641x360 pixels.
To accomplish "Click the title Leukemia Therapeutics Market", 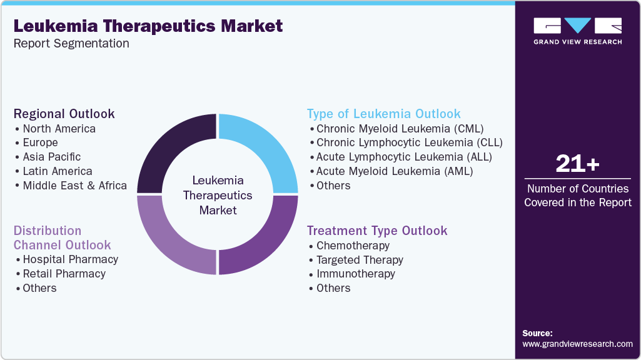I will click(x=148, y=26).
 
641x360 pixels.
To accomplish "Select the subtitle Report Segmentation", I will click(x=71, y=44).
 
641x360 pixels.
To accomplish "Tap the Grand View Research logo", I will click(x=577, y=31).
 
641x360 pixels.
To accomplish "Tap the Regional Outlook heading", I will click(x=64, y=114).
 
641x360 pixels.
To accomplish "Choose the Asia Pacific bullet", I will click(x=51, y=157).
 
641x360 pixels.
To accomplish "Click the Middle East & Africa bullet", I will click(x=74, y=186).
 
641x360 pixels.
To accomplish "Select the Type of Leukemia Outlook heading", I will click(x=383, y=114).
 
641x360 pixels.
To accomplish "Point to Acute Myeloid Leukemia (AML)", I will click(x=394, y=171).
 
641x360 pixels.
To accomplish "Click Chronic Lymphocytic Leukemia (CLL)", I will click(x=409, y=142).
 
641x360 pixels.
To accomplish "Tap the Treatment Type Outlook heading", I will click(x=377, y=231).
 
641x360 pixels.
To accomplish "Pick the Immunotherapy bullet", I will click(x=355, y=274).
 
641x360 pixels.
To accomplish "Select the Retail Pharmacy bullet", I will click(x=64, y=274).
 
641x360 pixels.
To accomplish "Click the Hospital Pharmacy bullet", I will click(x=70, y=259).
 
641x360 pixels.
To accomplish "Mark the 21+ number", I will click(x=577, y=164).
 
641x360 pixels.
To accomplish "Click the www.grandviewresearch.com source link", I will click(x=577, y=344).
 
